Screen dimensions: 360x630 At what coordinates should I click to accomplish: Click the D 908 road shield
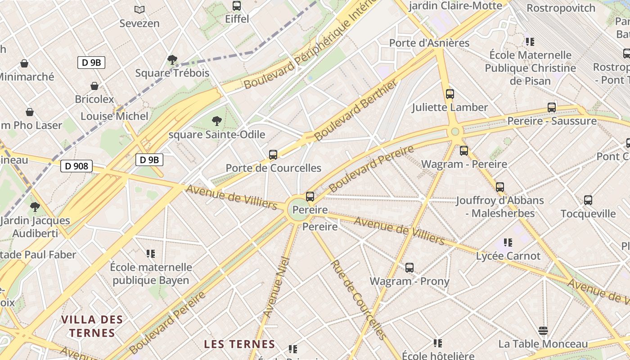click(76, 166)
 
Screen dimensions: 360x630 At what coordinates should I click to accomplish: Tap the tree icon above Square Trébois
click(172, 59)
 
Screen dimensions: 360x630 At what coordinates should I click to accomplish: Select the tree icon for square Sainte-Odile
click(217, 121)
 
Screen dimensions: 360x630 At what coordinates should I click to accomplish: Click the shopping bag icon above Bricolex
click(94, 85)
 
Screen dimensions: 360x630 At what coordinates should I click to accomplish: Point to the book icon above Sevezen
click(139, 9)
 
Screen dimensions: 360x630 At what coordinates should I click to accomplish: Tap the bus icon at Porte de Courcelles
click(273, 155)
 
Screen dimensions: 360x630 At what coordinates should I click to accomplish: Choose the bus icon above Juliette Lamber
click(450, 94)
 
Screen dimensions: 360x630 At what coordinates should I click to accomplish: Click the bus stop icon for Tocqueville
click(588, 200)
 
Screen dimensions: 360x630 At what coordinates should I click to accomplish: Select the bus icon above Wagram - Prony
click(409, 268)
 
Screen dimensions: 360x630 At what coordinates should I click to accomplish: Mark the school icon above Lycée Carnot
click(508, 243)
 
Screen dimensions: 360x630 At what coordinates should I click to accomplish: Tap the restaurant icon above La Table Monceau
click(543, 331)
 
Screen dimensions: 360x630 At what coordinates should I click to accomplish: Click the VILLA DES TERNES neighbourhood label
click(92, 326)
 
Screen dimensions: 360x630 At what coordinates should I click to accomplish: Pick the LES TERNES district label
click(239, 344)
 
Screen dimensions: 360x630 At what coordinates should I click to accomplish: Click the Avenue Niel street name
click(275, 287)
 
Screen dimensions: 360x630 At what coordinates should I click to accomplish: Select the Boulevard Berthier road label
click(356, 110)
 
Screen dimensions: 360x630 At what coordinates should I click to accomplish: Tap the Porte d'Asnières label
click(429, 43)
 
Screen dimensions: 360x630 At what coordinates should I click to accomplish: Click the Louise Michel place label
click(114, 116)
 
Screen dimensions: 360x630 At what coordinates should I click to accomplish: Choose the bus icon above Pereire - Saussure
click(552, 108)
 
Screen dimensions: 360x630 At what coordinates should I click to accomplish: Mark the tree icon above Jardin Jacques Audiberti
click(35, 207)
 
